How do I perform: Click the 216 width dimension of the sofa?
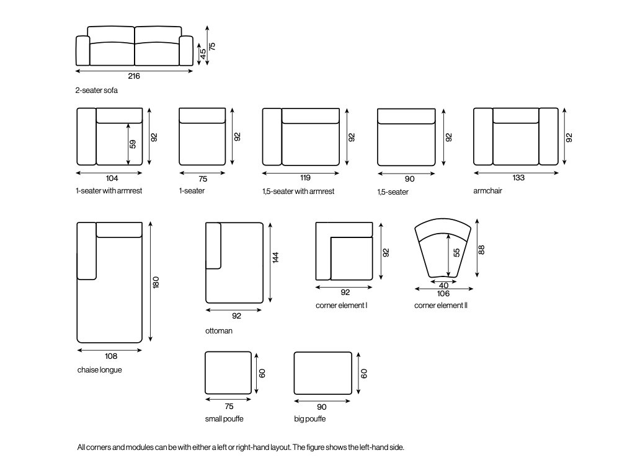pos(134,76)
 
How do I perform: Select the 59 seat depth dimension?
pos(133,144)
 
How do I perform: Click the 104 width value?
pos(112,178)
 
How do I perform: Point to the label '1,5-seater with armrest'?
pos(298,192)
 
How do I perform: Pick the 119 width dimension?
pos(302,178)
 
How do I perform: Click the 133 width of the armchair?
pos(518,178)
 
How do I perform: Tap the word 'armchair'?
pos(487,191)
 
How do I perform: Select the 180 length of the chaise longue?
pos(156,283)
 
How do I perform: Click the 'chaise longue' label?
pos(100,370)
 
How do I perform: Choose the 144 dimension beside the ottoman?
pos(275,258)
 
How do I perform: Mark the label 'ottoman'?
pos(219,331)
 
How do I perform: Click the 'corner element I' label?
pos(342,306)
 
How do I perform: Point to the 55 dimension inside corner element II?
pos(456,253)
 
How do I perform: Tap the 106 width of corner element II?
pos(443,294)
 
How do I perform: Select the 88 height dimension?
pos(482,249)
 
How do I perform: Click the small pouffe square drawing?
pos(228,372)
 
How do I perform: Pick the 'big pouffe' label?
pos(310,419)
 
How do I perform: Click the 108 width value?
pos(111,356)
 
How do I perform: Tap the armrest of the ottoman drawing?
pos(213,245)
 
